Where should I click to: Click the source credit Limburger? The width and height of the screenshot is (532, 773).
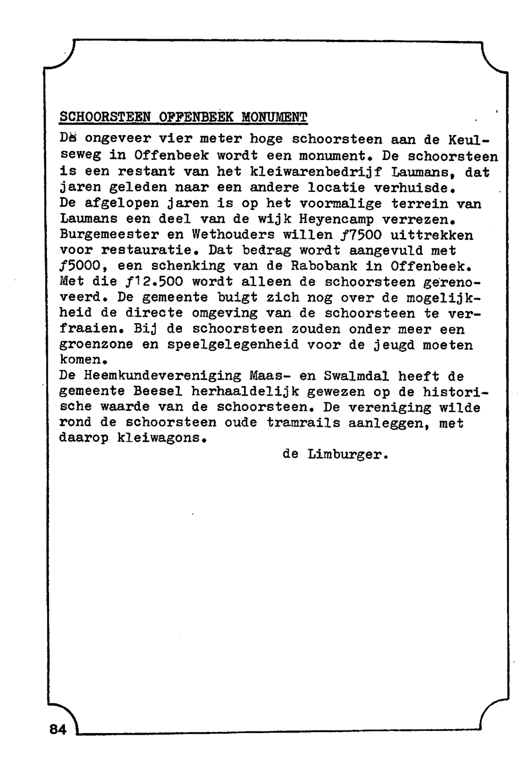click(348, 455)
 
